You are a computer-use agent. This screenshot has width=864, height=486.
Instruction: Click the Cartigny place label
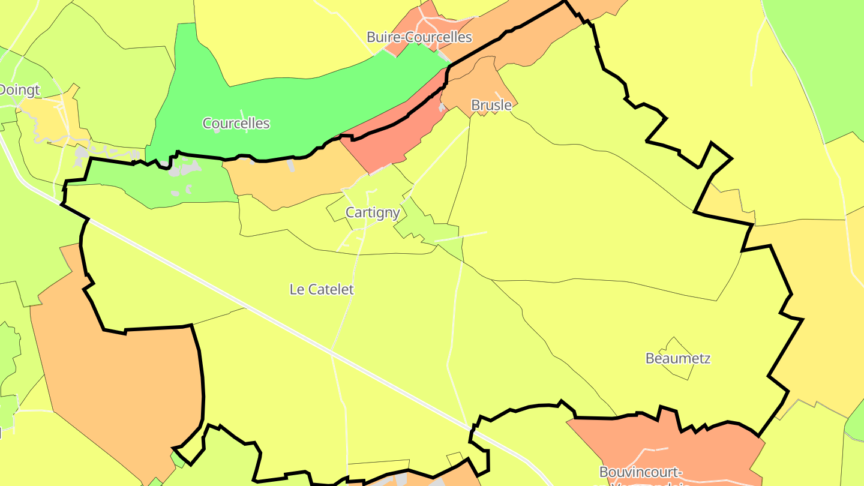pos(373,212)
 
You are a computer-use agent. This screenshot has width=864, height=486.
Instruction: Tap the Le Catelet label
pos(322,289)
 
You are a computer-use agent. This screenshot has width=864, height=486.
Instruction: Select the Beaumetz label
pos(678,359)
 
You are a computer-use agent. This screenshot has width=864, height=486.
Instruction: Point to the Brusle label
pos(491,106)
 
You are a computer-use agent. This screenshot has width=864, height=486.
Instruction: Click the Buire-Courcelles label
pos(419,37)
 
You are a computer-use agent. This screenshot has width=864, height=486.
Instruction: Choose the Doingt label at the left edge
pos(19,91)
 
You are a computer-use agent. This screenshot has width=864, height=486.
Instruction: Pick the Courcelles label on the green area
pos(236,124)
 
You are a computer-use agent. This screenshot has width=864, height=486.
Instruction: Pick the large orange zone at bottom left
pos(120,372)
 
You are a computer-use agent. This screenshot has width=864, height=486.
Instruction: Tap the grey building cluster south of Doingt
pos(81,156)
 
